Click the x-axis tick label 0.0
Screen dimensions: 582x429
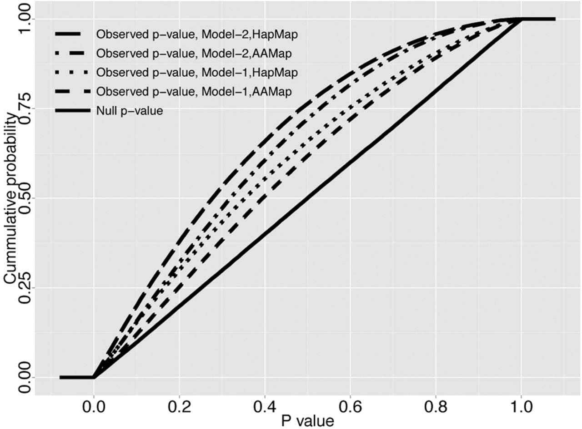click(x=94, y=408)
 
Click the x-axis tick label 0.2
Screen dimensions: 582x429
click(x=179, y=408)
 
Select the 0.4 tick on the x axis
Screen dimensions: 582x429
click(x=265, y=408)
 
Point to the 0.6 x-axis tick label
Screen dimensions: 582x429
click(x=350, y=408)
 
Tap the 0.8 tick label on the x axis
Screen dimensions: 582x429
click(x=436, y=408)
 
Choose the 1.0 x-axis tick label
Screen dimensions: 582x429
click(x=522, y=408)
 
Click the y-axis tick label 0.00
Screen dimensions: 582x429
click(x=25, y=377)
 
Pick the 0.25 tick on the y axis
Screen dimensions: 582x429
click(x=25, y=288)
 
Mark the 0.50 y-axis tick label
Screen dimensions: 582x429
click(x=25, y=198)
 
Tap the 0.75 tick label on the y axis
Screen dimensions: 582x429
click(x=25, y=109)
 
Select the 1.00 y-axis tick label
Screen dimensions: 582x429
click(x=25, y=20)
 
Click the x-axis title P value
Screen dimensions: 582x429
click(x=307, y=421)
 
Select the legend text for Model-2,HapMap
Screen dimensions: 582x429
click(x=197, y=35)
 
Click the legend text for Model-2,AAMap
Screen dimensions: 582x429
click(x=194, y=54)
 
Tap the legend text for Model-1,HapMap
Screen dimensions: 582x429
click(x=197, y=73)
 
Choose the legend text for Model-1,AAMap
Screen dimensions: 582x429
click(x=194, y=92)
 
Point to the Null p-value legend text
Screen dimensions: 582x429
click(x=130, y=111)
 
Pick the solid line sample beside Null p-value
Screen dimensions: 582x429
click(x=73, y=111)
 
